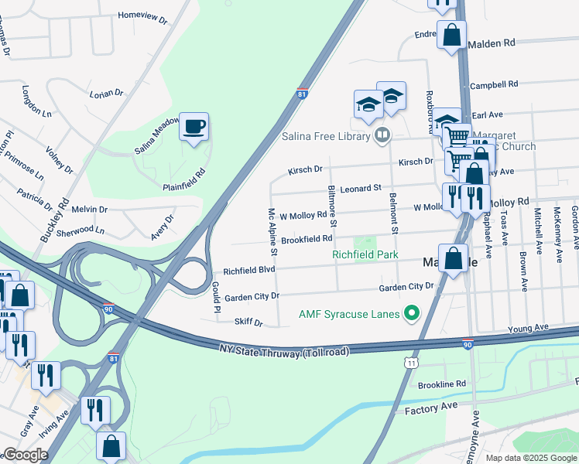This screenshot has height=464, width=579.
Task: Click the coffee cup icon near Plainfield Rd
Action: [194, 126]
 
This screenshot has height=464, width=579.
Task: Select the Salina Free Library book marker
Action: [382, 137]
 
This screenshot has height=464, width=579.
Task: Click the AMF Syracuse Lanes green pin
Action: [411, 313]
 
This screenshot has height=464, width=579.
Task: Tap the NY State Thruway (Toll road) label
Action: [284, 350]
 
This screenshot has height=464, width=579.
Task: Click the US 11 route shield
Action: [411, 361]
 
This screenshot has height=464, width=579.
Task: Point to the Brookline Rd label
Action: [441, 384]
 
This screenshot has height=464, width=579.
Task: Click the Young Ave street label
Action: [528, 329]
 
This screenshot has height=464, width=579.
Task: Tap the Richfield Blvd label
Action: [249, 271]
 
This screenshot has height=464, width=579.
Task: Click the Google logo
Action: [26, 455]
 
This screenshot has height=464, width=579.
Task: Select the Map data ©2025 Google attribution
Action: [531, 458]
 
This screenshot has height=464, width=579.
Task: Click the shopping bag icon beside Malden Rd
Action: [451, 34]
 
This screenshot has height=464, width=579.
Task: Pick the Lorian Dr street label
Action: [107, 94]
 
